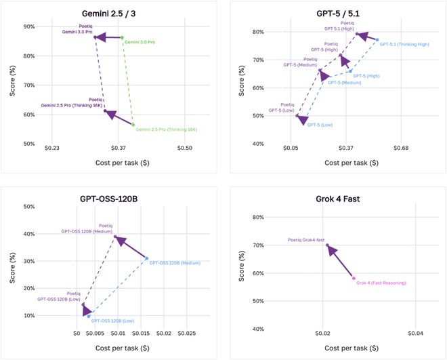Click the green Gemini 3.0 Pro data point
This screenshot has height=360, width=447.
pyautogui.click(x=122, y=38)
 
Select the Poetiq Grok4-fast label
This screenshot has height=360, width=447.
pyautogui.click(x=306, y=240)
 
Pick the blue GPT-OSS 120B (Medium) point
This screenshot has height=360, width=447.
pyautogui.click(x=146, y=258)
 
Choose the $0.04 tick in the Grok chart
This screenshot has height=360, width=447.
pyautogui.click(x=415, y=334)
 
